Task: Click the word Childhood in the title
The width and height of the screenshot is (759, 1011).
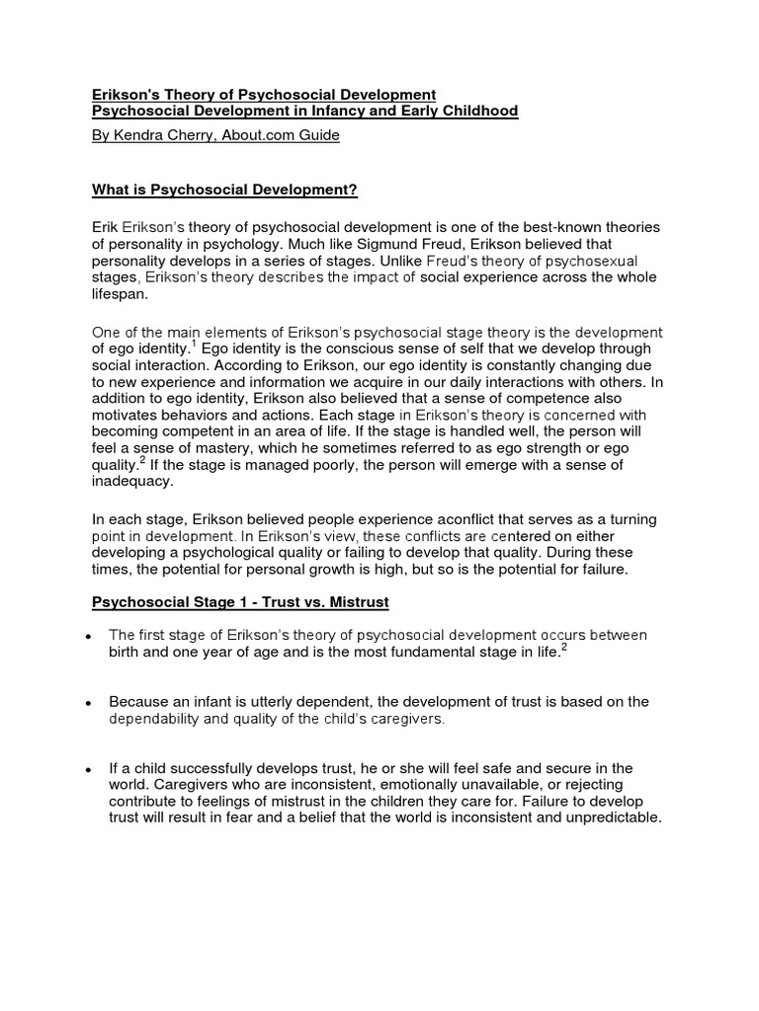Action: [x=478, y=112]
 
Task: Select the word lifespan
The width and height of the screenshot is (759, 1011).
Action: [x=119, y=293]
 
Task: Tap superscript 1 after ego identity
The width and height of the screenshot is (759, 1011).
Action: [x=192, y=344]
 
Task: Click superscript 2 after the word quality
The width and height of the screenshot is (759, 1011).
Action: [x=142, y=461]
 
